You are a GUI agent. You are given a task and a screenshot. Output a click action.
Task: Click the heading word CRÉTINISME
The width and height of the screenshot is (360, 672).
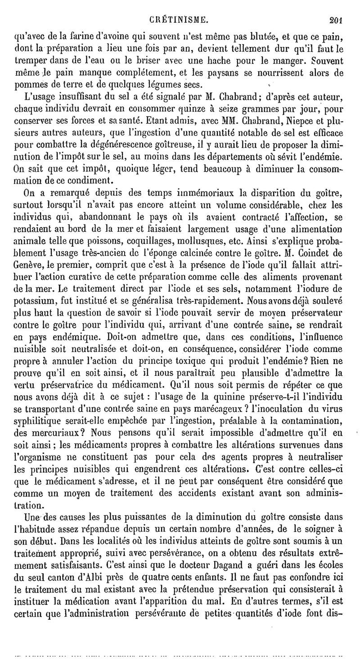coord(180,7)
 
